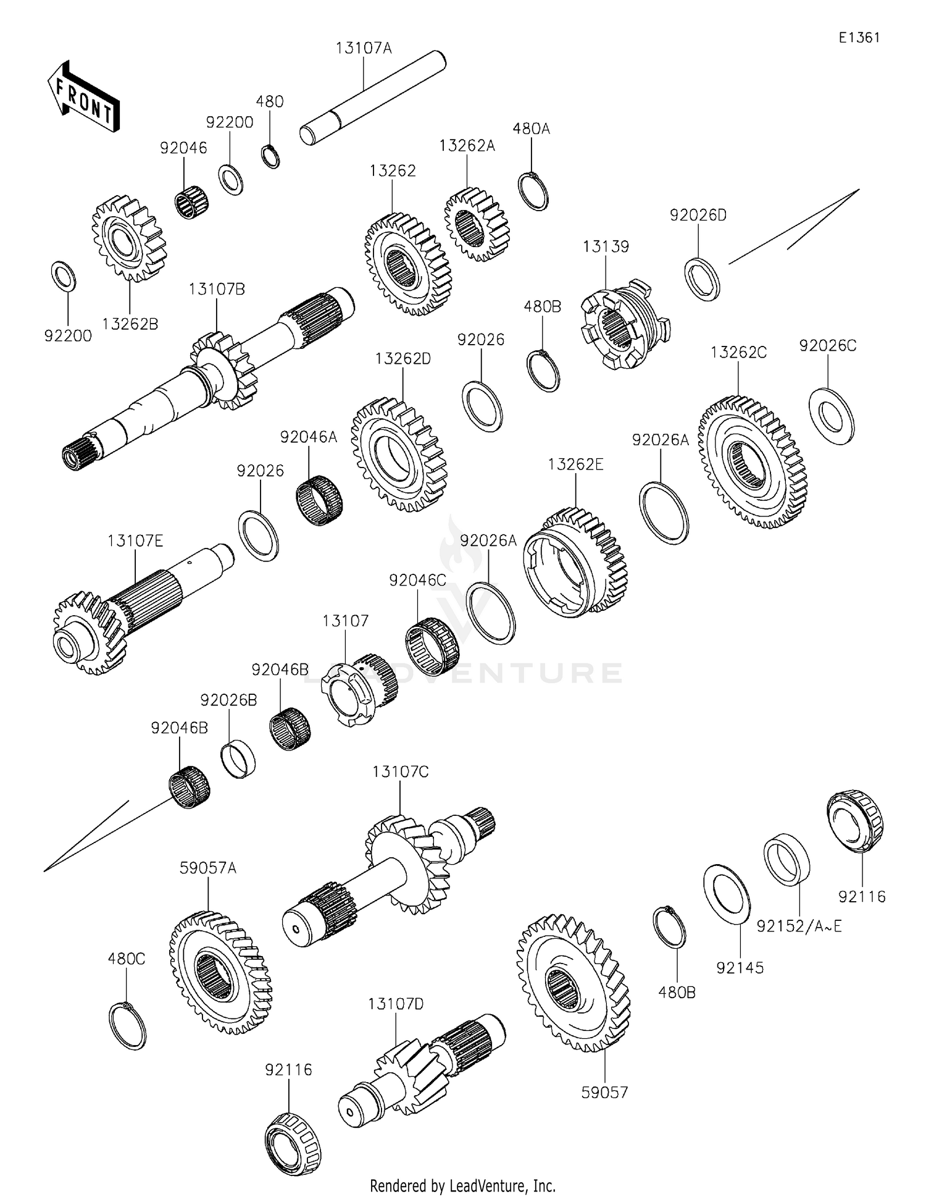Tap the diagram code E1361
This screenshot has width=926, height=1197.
(x=859, y=38)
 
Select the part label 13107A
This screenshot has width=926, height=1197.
(x=364, y=48)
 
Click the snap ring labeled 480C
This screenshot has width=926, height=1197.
(x=127, y=1026)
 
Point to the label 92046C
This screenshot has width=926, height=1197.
(x=417, y=581)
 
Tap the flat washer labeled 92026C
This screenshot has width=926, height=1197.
(x=832, y=416)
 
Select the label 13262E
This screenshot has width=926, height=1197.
(x=575, y=464)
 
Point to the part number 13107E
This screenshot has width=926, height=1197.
(x=135, y=541)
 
